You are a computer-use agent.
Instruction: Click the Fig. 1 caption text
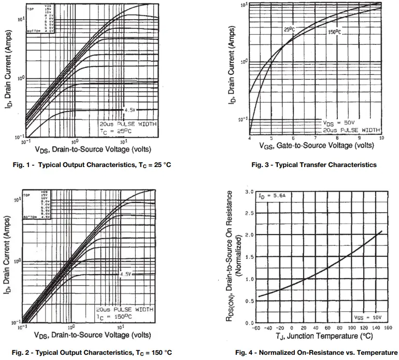click(91, 165)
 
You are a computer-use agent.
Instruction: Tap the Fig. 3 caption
click(314, 165)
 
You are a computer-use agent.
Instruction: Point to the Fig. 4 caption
click(316, 353)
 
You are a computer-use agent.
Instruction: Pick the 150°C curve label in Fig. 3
click(335, 33)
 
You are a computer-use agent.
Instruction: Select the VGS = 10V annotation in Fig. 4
click(367, 315)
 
